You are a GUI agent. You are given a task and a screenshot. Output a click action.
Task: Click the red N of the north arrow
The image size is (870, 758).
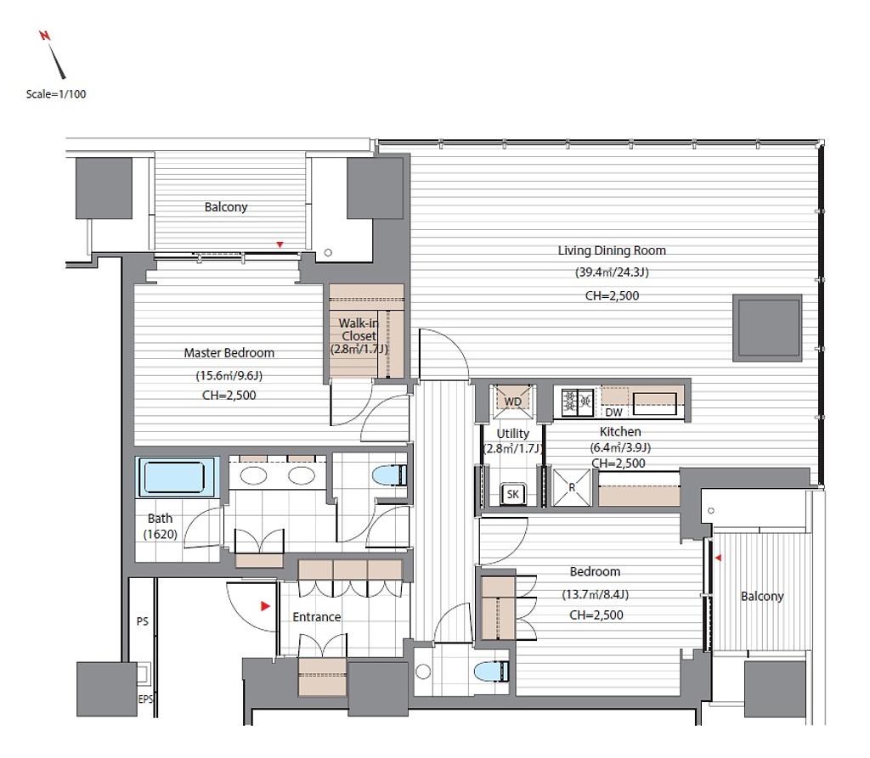(44, 36)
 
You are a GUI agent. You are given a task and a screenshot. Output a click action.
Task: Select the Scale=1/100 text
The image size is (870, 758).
(56, 94)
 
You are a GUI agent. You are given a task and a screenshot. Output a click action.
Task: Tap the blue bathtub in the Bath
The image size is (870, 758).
(175, 477)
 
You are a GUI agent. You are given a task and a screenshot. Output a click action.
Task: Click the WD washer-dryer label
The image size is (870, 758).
(512, 402)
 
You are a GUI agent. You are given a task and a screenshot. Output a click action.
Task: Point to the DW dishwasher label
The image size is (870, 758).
(613, 413)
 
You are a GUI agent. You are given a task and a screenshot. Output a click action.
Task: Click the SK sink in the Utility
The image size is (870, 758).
(512, 494)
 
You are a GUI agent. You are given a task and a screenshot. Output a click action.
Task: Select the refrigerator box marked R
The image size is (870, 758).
(572, 487)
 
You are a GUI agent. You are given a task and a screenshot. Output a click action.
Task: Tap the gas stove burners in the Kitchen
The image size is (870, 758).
(578, 402)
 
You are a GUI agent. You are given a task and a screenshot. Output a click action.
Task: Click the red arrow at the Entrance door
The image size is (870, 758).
(265, 606)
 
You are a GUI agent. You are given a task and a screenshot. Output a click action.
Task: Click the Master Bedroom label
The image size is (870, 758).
(229, 352)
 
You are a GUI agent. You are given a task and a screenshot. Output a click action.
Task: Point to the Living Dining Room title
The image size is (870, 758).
(612, 250)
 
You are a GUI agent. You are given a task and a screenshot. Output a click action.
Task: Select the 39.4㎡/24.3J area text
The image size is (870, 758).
(612, 272)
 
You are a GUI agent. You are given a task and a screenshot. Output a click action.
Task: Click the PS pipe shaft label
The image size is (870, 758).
(143, 621)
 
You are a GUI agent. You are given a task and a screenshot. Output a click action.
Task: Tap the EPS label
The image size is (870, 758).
(145, 699)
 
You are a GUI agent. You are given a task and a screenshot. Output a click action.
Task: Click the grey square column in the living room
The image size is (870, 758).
(767, 328)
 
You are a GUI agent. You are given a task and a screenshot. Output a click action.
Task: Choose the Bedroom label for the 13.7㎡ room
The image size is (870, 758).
(595, 572)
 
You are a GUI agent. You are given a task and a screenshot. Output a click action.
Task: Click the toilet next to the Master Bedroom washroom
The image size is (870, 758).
(389, 475)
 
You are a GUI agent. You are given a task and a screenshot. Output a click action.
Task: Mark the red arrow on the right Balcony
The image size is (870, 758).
(718, 558)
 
